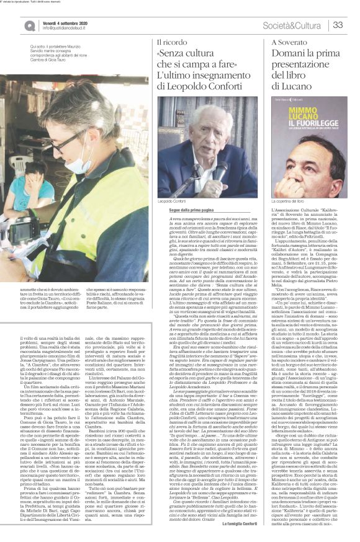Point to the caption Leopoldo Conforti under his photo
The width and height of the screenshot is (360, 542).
[x=172, y=202]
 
